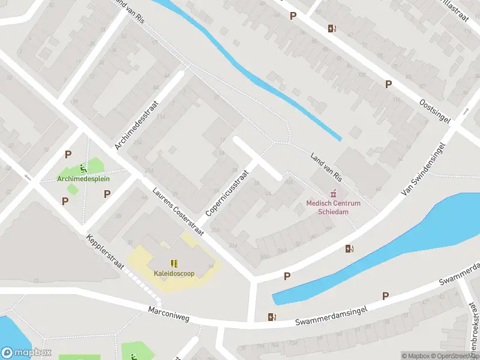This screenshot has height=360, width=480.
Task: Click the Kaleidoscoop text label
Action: click(x=173, y=274)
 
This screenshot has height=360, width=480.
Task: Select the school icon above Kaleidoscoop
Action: click(x=173, y=263)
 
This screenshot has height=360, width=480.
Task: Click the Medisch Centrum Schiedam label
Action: click(x=334, y=207)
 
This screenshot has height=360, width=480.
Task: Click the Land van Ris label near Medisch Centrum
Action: click(x=325, y=168)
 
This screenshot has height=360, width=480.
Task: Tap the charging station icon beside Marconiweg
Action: click(x=272, y=317)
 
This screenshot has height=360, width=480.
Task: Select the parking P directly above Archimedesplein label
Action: click(x=68, y=155)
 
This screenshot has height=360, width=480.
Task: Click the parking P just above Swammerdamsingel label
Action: click(x=385, y=296)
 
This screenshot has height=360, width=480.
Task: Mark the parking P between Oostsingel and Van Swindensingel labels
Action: click(x=388, y=85)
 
